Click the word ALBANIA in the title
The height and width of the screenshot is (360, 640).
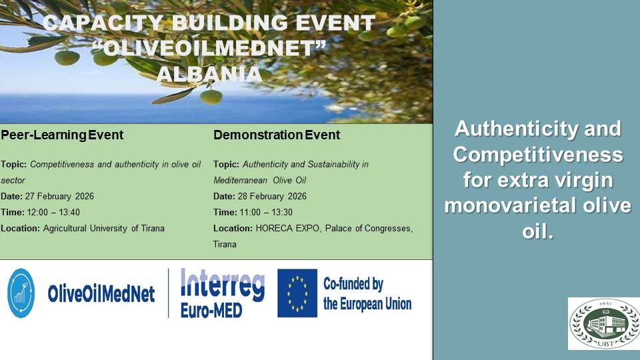pyautogui.click(x=209, y=73)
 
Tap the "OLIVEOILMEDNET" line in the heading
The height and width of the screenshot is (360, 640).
pyautogui.click(x=209, y=49)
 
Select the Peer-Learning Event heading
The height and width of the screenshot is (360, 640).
pyautogui.click(x=62, y=135)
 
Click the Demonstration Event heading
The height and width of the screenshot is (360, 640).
pyautogui.click(x=277, y=135)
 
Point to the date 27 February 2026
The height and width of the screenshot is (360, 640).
pyautogui.click(x=61, y=196)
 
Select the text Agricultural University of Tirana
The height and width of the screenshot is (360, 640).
pyautogui.click(x=104, y=229)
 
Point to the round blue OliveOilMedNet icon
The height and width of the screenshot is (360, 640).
pyautogui.click(x=21, y=293)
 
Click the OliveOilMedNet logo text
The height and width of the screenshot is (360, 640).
pyautogui.click(x=101, y=294)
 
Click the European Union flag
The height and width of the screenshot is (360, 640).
pyautogui.click(x=297, y=293)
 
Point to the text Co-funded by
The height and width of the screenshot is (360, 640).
pyautogui.click(x=353, y=285)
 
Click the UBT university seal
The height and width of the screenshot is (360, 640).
pyautogui.click(x=603, y=323)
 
